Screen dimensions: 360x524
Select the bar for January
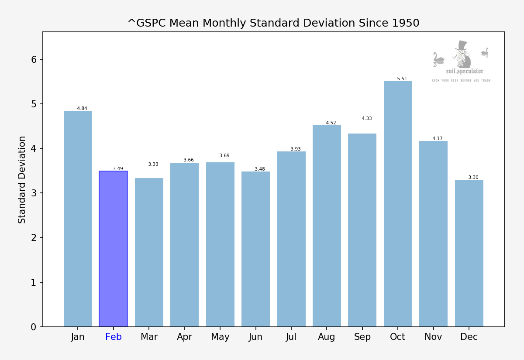78,218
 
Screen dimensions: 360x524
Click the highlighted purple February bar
113,249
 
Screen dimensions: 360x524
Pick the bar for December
469,253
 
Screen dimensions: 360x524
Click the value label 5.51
402,79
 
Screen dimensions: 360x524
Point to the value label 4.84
82,109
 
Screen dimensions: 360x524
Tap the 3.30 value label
473,178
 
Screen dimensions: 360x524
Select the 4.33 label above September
367,119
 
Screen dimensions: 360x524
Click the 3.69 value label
224,156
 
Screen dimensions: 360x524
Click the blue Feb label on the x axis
113,337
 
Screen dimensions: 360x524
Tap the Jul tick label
291,337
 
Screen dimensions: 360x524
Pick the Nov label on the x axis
433,337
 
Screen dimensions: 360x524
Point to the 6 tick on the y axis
34,59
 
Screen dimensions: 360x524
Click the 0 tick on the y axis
34,327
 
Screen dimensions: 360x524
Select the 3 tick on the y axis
34,193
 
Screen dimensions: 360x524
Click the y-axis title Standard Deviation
22,179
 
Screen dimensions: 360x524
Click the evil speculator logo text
465,71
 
